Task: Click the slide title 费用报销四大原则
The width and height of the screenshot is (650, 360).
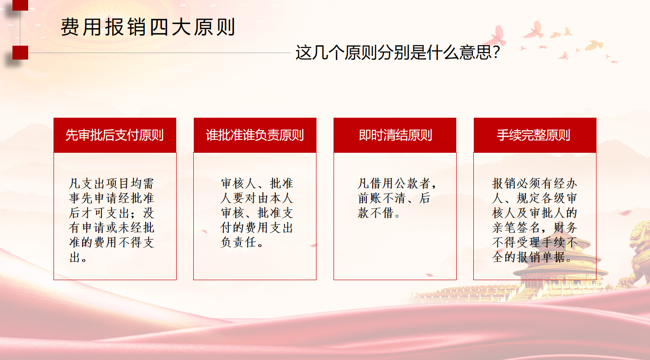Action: click(x=148, y=28)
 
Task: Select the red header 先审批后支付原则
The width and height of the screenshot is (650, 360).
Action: click(x=114, y=135)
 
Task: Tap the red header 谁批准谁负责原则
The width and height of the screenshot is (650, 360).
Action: click(x=255, y=135)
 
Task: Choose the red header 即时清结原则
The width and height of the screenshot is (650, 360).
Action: click(x=395, y=135)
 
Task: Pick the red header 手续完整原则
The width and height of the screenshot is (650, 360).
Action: click(x=535, y=135)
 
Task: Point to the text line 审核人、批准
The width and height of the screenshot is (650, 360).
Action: click(x=257, y=184)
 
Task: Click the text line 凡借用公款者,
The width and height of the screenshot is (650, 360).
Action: click(x=397, y=184)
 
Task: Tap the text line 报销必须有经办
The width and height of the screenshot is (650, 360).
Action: click(x=535, y=184)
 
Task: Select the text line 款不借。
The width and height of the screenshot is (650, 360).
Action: click(x=379, y=213)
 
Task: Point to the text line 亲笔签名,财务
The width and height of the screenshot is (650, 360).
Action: click(x=535, y=228)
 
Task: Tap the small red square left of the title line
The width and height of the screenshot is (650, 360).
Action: click(x=20, y=53)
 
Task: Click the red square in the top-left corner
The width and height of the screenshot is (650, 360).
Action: click(x=20, y=5)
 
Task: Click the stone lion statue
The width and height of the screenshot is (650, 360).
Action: click(x=638, y=254)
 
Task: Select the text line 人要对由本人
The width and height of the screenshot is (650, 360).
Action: click(x=257, y=198)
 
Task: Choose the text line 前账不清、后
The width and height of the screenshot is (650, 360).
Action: click(x=394, y=198)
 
